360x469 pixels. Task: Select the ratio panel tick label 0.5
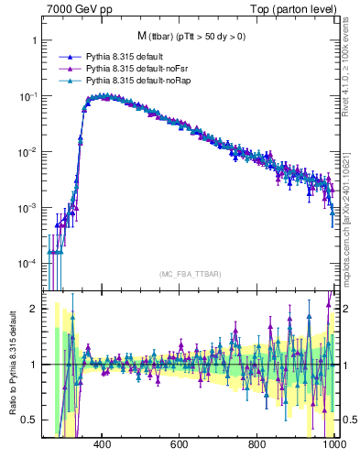(x=29, y=420)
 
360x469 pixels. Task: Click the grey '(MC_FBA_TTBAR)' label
(x=191, y=274)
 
